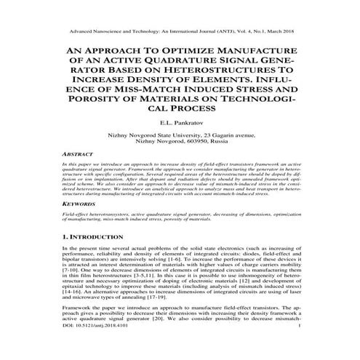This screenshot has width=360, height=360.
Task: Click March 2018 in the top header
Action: pos(281,32)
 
